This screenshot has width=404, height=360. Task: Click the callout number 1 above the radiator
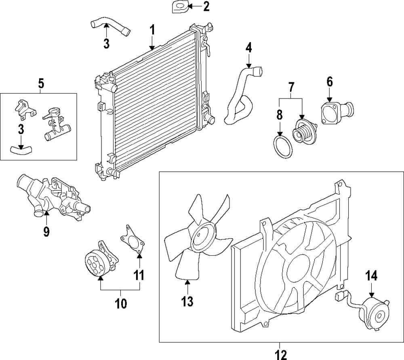[152, 30]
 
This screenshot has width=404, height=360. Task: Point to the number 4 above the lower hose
[248, 48]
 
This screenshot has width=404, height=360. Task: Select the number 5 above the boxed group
[41, 84]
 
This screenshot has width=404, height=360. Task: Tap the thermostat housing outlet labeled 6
[337, 112]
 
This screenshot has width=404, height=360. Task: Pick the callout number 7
[291, 88]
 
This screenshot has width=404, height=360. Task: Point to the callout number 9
[46, 231]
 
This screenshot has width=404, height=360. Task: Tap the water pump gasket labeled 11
[132, 240]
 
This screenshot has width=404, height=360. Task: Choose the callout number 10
[121, 303]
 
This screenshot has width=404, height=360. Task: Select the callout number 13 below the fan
[187, 301]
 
